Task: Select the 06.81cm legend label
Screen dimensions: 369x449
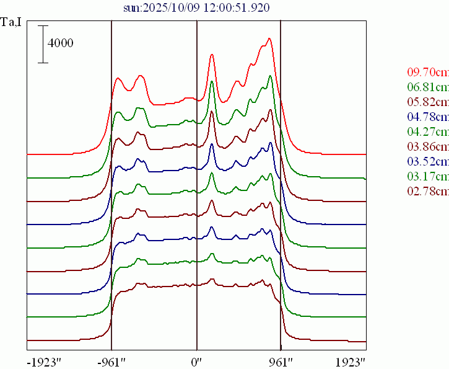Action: (x=428, y=87)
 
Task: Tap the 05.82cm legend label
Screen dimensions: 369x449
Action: (x=428, y=102)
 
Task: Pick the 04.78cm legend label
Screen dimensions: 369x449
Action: (x=428, y=117)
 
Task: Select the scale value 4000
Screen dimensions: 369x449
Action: (x=61, y=43)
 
